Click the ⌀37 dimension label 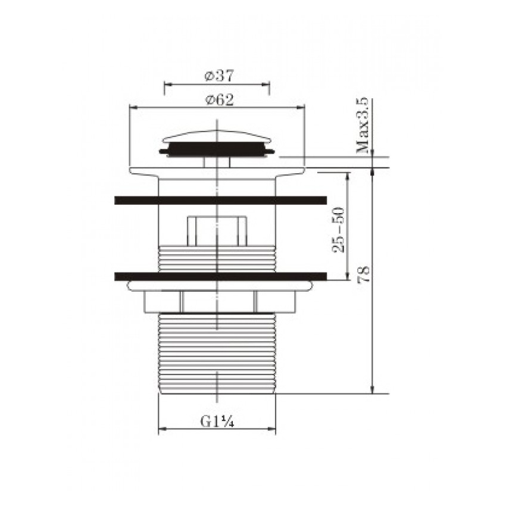(x=218, y=76)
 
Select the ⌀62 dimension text (x=219, y=100)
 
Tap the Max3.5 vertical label (x=363, y=125)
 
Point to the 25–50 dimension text (x=338, y=230)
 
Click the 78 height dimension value (x=364, y=274)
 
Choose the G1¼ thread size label (x=217, y=421)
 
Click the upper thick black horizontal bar (x=220, y=200)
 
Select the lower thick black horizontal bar (x=220, y=276)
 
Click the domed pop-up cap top (x=217, y=136)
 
